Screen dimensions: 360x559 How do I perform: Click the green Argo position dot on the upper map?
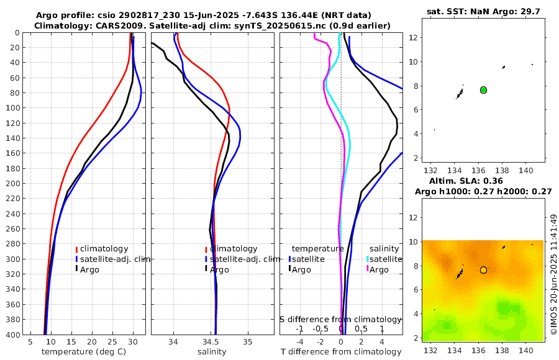(x=483, y=90)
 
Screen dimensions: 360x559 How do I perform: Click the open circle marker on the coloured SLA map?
(x=483, y=270)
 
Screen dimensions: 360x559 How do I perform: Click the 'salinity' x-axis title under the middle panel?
(x=211, y=351)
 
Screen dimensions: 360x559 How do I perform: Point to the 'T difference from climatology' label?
(x=341, y=351)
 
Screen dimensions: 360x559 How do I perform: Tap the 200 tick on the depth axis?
(x=13, y=184)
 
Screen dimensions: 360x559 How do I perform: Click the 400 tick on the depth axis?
(x=13, y=335)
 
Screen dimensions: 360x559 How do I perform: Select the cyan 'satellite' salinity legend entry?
(x=387, y=259)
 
